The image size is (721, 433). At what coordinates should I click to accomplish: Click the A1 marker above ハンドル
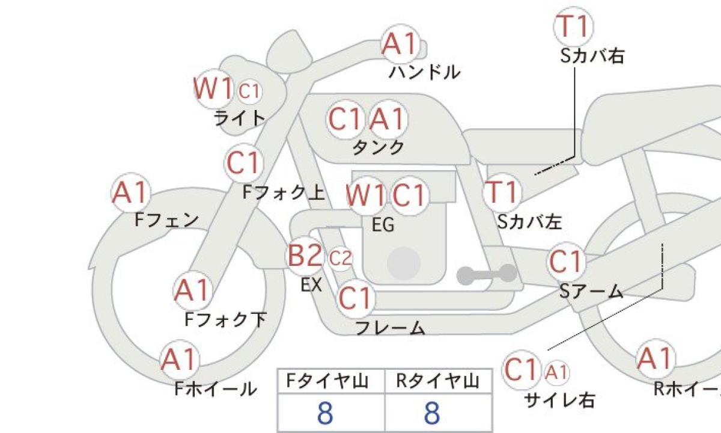pos(400,44)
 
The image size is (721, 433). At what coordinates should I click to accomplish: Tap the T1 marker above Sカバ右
pos(574,27)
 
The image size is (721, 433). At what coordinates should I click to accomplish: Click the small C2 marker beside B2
pos(340,259)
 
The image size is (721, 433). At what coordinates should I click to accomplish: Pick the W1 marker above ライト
pos(214,88)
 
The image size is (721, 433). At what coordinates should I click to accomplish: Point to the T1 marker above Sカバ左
pos(502,192)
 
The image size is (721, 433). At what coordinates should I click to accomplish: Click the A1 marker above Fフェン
pos(131,192)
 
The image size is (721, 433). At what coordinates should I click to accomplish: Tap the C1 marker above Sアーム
pos(566,262)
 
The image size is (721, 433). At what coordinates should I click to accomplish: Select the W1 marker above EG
pos(367,195)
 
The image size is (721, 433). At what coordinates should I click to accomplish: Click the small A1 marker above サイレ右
pos(557,373)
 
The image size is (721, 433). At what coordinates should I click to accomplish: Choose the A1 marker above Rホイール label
pos(656,358)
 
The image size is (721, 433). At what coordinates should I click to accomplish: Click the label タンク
pos(378,147)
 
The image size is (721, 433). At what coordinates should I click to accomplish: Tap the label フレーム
pos(390,328)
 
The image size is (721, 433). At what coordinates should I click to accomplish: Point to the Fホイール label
pos(216,388)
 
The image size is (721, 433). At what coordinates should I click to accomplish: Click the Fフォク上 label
pos(283,192)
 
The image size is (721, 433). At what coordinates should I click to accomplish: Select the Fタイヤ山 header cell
pos(331,381)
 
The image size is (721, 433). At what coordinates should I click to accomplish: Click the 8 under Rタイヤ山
pos(432,413)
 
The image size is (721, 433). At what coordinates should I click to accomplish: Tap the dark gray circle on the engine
pos(404,263)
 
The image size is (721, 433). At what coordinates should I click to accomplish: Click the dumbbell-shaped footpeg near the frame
pos(487,274)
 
